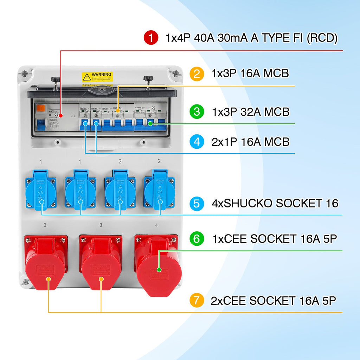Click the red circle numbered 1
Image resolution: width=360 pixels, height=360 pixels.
pos(151,38)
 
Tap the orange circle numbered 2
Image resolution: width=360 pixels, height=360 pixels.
pos(197,74)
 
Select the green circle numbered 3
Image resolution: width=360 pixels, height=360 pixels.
pos(197,112)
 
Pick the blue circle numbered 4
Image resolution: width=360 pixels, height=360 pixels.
pos(197,142)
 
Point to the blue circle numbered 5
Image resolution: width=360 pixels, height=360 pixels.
pos(197,203)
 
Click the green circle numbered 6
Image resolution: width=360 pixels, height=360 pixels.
pos(197,239)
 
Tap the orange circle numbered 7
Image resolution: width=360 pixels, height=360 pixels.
pos(197,301)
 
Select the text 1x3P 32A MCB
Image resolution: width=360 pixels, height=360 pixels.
pos(251,112)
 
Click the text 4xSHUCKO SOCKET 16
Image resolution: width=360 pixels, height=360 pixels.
pos(275,203)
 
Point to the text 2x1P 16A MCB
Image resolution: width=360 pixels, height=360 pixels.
pos(251,142)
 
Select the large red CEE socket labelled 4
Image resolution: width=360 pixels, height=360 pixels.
pos(158,265)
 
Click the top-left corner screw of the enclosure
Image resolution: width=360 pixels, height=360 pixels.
pos(25,74)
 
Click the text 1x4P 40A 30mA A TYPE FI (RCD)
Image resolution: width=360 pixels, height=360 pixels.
pos(251,38)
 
